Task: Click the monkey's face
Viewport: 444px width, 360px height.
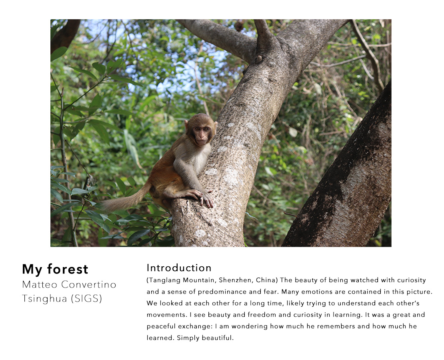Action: [x=202, y=135]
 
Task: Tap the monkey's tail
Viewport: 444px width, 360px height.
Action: [x=124, y=199]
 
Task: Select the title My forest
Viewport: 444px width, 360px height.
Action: [x=55, y=269]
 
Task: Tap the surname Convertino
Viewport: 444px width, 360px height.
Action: [x=89, y=284]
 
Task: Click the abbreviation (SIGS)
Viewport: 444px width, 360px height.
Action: [x=86, y=299]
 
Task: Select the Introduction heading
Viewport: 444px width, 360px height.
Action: [x=179, y=268]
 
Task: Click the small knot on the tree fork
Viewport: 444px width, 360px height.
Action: [x=258, y=59]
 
